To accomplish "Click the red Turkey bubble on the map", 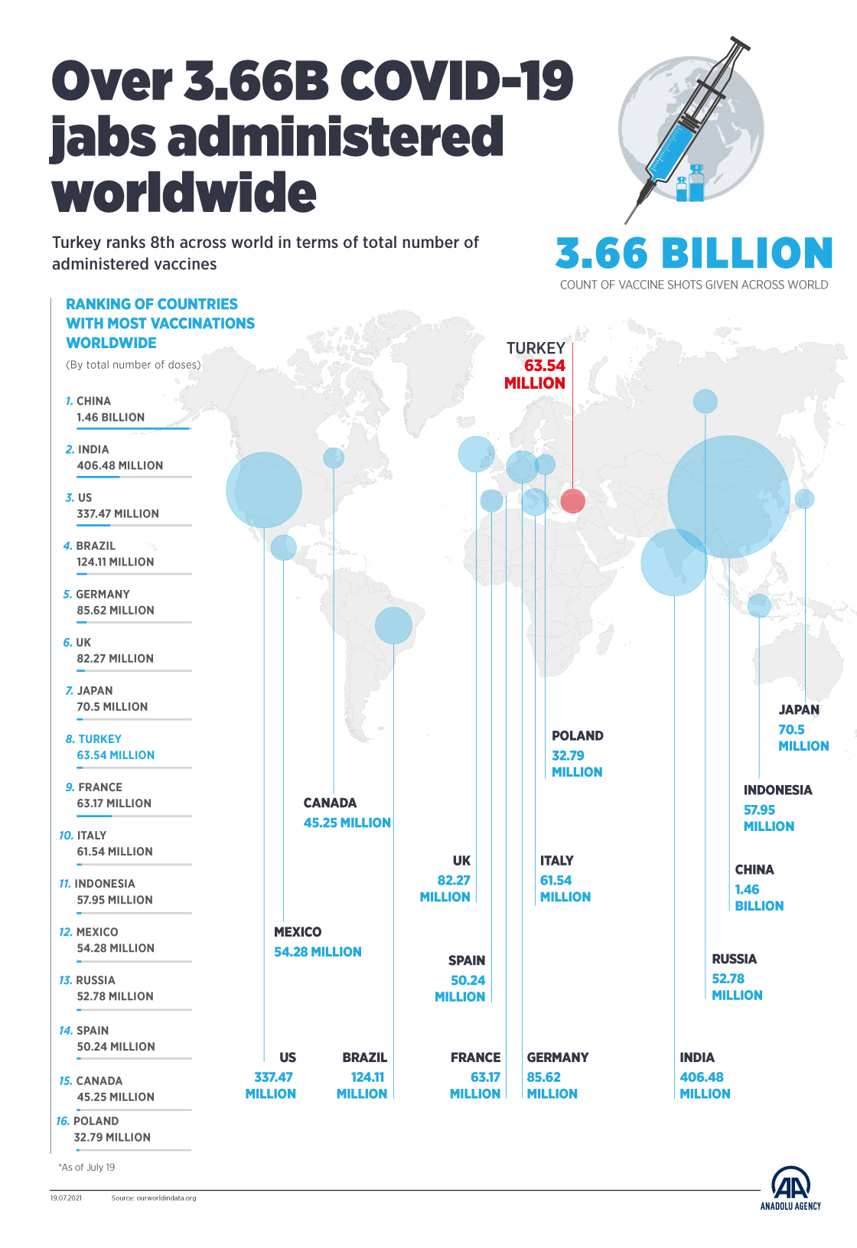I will (x=572, y=501).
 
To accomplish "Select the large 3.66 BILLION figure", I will (x=693, y=254).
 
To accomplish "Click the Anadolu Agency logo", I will (x=790, y=1188).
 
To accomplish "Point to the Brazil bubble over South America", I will (x=393, y=625).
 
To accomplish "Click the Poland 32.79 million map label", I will (x=577, y=754).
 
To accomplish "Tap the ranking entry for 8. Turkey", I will (x=115, y=748).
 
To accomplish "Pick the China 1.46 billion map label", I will (x=758, y=888).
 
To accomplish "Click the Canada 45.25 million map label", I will (x=347, y=813).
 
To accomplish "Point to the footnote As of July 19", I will (x=87, y=1168).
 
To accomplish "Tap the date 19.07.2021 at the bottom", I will (x=66, y=1198).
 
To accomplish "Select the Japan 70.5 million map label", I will (x=803, y=728).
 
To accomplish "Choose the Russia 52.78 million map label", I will (x=736, y=977).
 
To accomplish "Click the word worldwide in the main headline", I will (x=184, y=193).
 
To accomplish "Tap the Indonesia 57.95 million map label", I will (x=777, y=808).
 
